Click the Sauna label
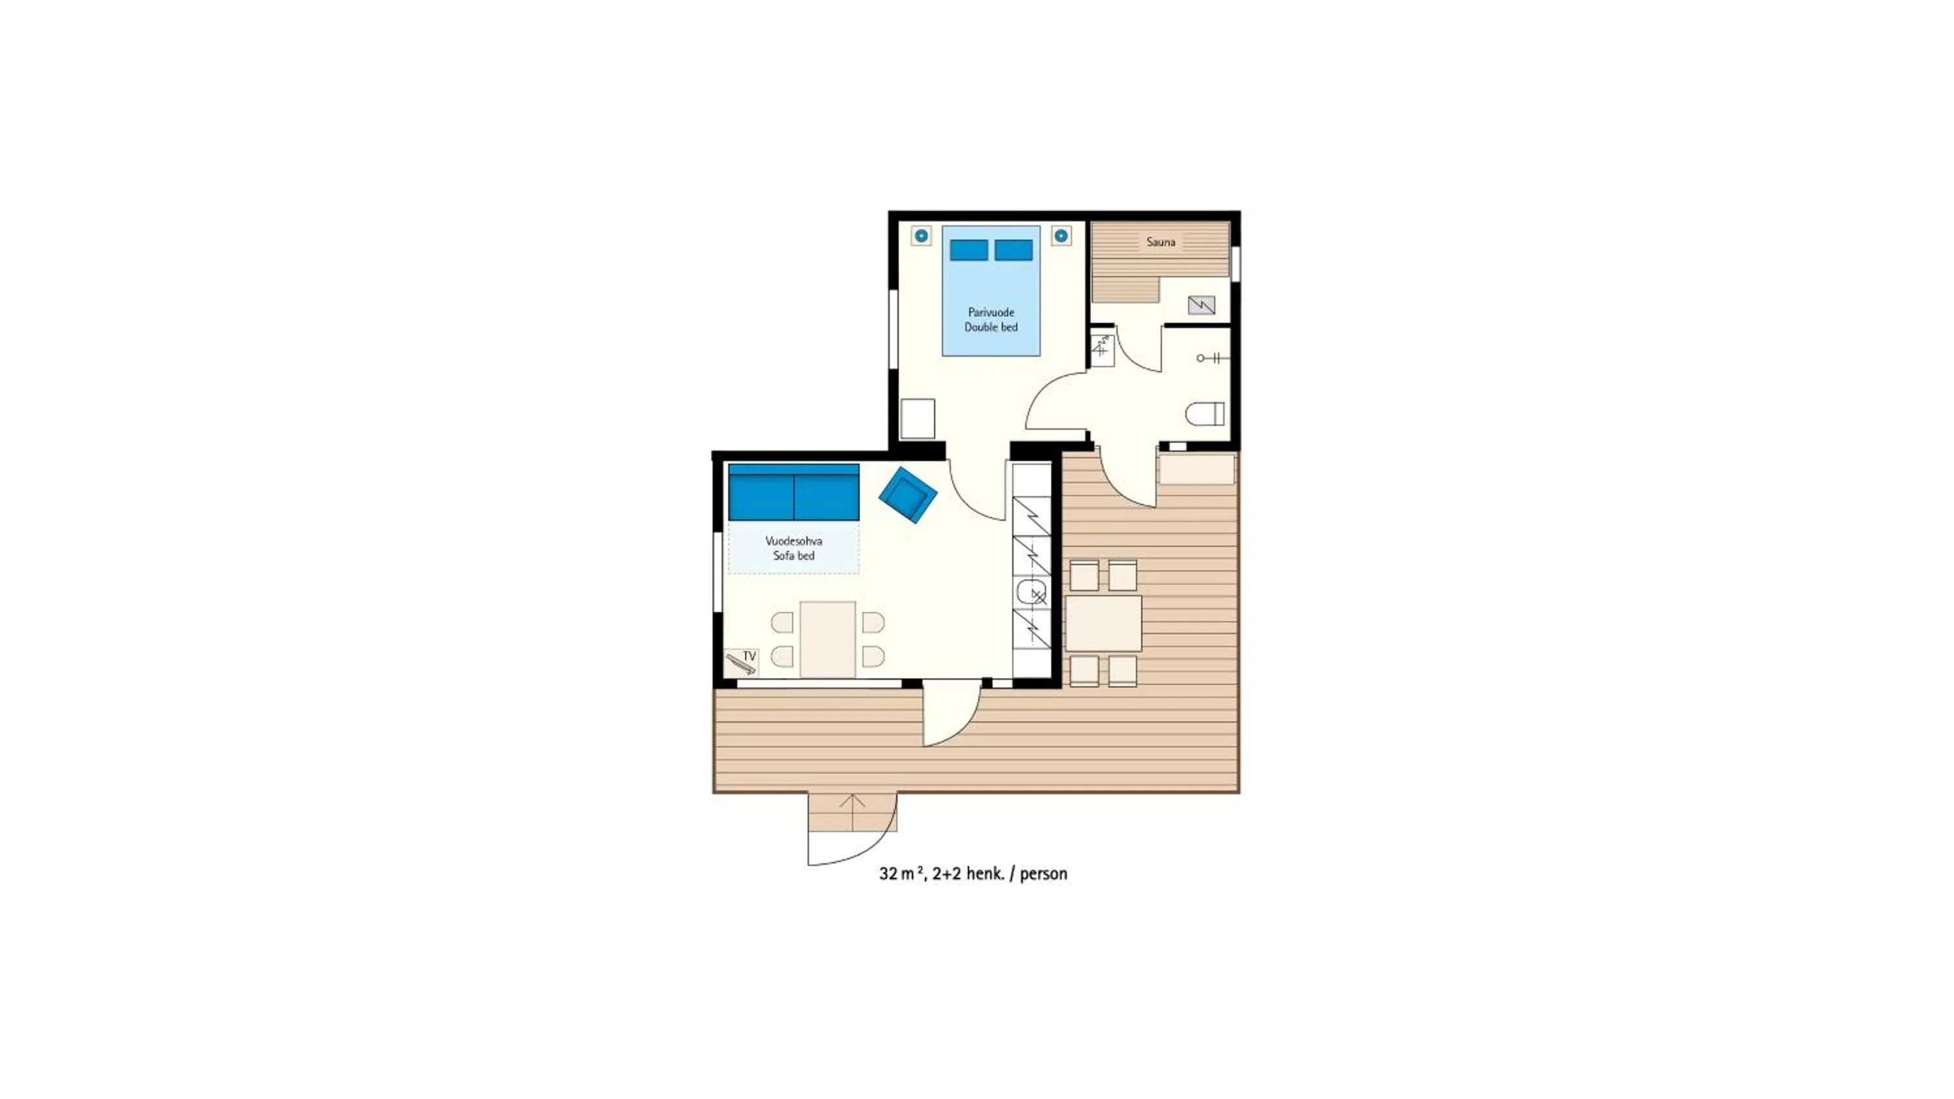[x=1161, y=242]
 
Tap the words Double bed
[x=991, y=327]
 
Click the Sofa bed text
[x=793, y=555]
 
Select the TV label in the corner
[x=750, y=656]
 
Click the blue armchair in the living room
[x=907, y=495]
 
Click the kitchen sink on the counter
[x=1029, y=592]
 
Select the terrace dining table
[x=1103, y=624]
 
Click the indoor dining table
[x=828, y=639]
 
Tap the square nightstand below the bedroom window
[x=917, y=418]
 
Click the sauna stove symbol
[x=1201, y=305]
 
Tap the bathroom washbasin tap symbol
[x=1211, y=358]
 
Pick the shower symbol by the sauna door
[x=1101, y=349]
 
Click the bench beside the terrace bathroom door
[x=1196, y=469]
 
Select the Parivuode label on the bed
[x=991, y=312]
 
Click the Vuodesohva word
[x=793, y=541]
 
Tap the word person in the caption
[x=1043, y=874]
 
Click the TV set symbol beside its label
[x=739, y=664]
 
